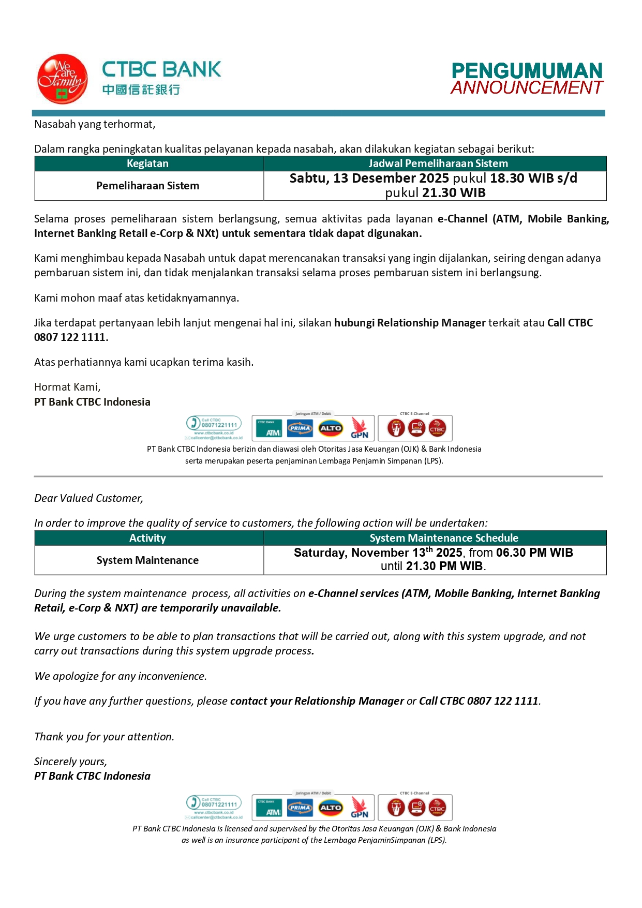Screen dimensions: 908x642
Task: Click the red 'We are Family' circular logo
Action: (62, 79)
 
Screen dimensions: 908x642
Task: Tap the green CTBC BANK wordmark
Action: (161, 69)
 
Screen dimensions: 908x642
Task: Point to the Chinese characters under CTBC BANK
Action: (141, 90)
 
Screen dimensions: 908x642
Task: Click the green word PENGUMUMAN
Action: (527, 71)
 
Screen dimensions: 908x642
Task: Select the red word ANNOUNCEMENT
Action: (527, 87)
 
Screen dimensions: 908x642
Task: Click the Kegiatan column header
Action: (148, 163)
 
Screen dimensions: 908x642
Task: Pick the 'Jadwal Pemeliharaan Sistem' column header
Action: (438, 163)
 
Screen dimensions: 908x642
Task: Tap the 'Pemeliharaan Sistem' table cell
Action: (148, 186)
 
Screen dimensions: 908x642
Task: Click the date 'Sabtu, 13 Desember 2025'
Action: (369, 178)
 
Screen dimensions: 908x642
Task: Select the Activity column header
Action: (148, 538)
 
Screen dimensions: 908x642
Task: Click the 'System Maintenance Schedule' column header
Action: (444, 538)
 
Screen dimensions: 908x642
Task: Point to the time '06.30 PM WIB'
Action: (534, 553)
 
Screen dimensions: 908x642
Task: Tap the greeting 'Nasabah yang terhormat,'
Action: (95, 124)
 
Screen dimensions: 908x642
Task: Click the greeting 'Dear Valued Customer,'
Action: (88, 498)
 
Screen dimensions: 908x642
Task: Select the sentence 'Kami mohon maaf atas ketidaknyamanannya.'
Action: (137, 298)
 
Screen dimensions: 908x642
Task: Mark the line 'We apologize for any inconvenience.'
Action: (121, 676)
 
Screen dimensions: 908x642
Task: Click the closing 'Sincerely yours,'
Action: (70, 762)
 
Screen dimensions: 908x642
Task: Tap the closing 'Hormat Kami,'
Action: (67, 387)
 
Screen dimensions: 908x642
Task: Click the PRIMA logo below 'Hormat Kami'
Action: (300, 428)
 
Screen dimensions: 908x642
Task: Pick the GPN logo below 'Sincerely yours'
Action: (360, 808)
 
